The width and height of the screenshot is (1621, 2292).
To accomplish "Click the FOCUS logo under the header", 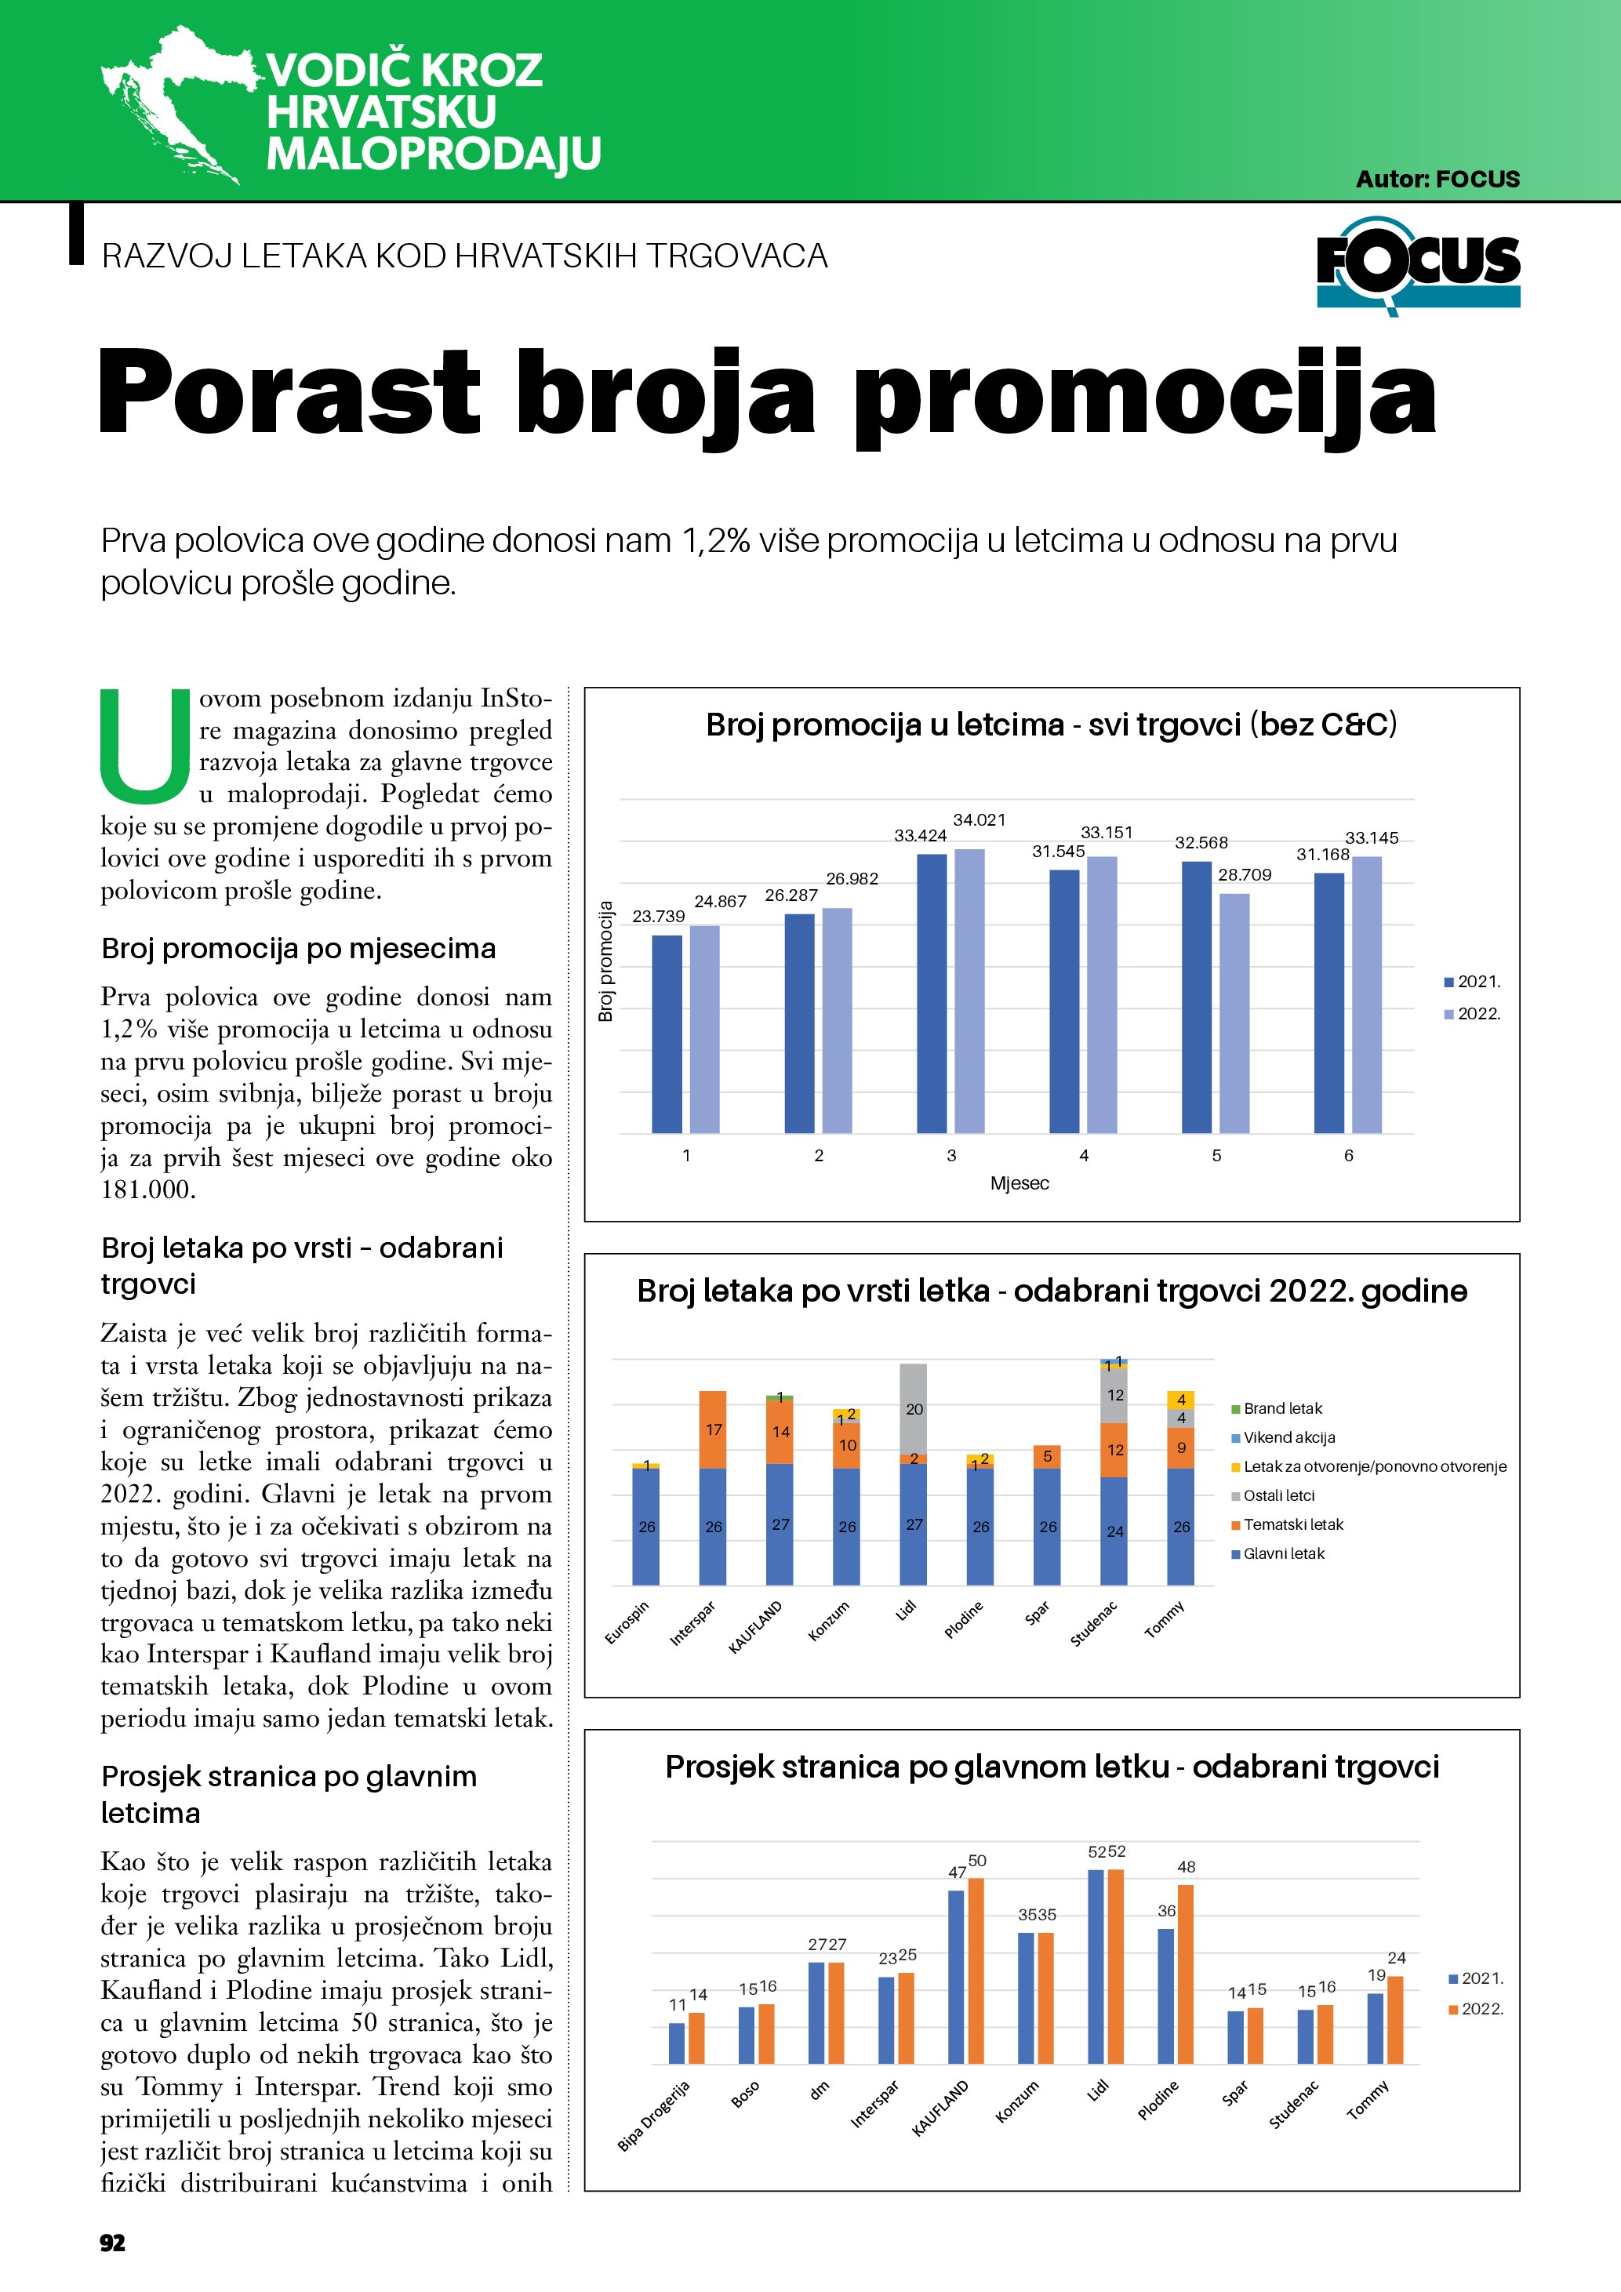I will pyautogui.click(x=1417, y=264).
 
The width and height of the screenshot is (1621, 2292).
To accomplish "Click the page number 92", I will pyautogui.click(x=113, y=2242).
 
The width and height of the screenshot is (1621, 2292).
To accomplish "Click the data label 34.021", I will pyautogui.click(x=980, y=819).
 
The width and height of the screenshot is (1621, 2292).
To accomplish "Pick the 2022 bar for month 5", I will pyautogui.click(x=1234, y=1012).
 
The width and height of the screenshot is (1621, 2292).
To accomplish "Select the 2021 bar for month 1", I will pyautogui.click(x=667, y=1033).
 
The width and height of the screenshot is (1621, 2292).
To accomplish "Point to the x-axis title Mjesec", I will pyautogui.click(x=1019, y=1183).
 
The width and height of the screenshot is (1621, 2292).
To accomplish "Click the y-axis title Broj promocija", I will pyautogui.click(x=605, y=961).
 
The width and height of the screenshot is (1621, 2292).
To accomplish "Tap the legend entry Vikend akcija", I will pyautogui.click(x=1288, y=1437).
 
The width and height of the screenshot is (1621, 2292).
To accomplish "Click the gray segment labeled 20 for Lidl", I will pyautogui.click(x=914, y=1408).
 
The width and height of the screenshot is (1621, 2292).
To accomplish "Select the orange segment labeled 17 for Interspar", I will pyautogui.click(x=713, y=1429).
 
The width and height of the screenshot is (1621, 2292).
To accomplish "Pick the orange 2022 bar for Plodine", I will pyautogui.click(x=1186, y=1974).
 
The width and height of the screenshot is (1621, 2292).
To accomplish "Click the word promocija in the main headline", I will pyautogui.click(x=1144, y=394).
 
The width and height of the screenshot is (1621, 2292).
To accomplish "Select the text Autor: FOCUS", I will pyautogui.click(x=1437, y=180).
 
